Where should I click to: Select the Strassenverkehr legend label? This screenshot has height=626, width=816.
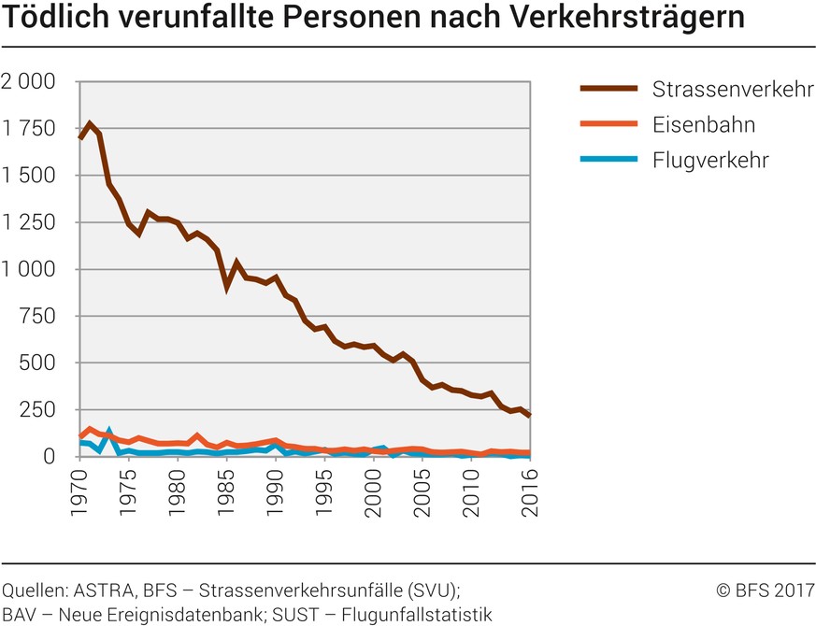(733, 91)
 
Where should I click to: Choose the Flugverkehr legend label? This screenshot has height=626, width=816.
(710, 160)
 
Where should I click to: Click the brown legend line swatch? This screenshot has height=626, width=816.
(608, 90)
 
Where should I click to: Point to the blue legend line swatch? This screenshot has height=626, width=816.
(608, 160)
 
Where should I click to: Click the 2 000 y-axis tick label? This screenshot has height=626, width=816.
(28, 82)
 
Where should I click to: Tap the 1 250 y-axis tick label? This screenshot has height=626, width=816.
(28, 222)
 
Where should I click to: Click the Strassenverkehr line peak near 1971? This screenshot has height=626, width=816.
(90, 124)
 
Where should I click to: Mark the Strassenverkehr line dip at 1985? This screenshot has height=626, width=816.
(227, 286)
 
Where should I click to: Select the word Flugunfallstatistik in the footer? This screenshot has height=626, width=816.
(416, 614)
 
